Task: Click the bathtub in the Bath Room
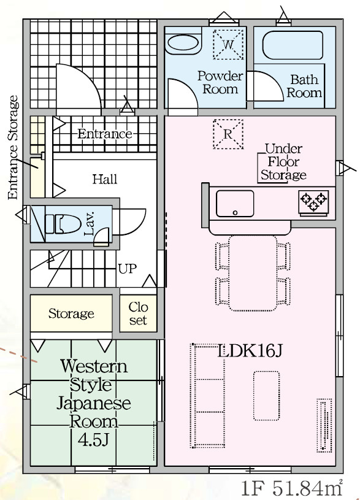click(293, 45)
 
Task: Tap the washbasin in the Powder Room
click(183, 44)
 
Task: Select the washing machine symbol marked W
click(228, 44)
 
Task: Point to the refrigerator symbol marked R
click(228, 134)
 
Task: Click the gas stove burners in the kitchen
click(313, 202)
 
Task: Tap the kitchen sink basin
click(235, 204)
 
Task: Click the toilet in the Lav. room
click(63, 224)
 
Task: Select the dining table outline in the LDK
click(253, 273)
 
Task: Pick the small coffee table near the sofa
click(267, 396)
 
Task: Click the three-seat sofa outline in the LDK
click(208, 396)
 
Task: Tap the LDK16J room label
click(250, 351)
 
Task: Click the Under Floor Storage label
click(283, 162)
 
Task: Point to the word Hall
click(105, 179)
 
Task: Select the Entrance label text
click(105, 134)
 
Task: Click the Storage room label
click(71, 313)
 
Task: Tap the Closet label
click(138, 313)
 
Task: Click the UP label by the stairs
click(127, 269)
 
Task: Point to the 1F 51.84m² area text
click(291, 488)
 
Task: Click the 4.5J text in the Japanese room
click(93, 440)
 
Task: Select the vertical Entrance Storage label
click(13, 147)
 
